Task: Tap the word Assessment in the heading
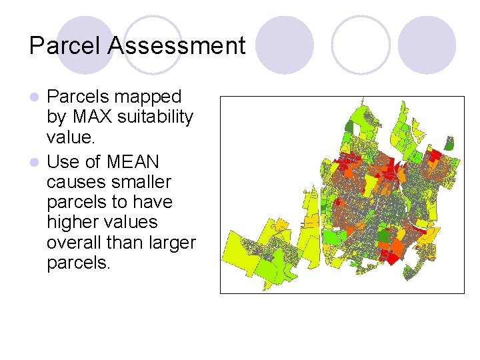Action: [177, 46]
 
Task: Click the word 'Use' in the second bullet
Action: [63, 162]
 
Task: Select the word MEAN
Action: [131, 162]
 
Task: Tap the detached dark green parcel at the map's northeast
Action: [449, 142]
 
